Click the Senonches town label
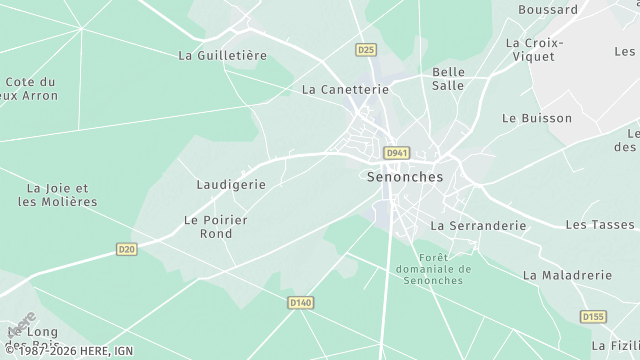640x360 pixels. tap(405, 176)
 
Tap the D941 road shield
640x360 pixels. tap(397, 153)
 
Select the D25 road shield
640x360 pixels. tap(366, 49)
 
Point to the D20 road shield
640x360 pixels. tap(126, 249)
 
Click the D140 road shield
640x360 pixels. tap(300, 302)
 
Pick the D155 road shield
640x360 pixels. tap(594, 317)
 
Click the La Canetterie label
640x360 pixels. tap(345, 89)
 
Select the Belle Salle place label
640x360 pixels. tap(449, 79)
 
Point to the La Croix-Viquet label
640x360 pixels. tap(535, 50)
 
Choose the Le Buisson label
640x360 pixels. tap(536, 118)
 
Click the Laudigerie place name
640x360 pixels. tap(231, 185)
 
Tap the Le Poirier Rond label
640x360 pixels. tap(215, 226)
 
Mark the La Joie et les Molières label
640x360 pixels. tap(58, 194)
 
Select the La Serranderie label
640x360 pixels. tap(478, 226)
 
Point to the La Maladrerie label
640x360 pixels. tap(566, 274)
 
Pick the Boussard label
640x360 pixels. tap(548, 10)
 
